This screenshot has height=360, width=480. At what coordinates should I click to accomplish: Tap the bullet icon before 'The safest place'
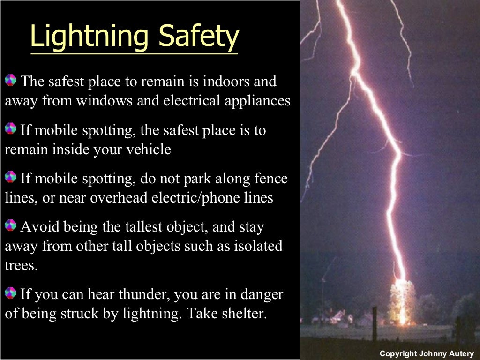(10, 80)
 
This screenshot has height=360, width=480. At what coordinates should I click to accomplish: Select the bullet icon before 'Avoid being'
(10, 226)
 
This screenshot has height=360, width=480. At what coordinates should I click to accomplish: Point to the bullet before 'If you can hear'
(10, 293)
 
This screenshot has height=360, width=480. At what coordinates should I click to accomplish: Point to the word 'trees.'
(21, 265)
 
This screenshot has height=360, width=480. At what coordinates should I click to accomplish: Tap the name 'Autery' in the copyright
(461, 353)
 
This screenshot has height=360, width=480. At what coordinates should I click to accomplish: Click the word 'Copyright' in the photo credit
(398, 353)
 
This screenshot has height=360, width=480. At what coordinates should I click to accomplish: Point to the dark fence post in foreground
(375, 323)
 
